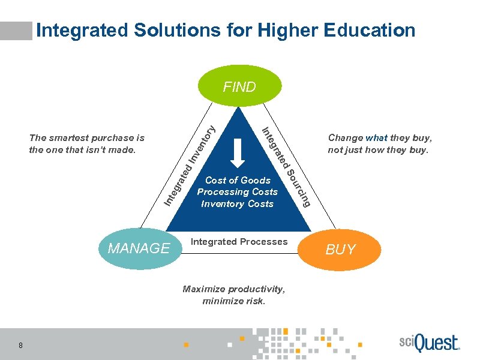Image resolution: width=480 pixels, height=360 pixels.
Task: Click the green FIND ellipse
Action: (239, 86)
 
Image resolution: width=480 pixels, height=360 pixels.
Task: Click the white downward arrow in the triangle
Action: (238, 153)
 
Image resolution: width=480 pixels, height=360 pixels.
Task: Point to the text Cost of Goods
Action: (238, 180)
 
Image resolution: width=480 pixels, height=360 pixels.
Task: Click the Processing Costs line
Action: (238, 192)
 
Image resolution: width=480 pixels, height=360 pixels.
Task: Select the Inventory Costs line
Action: (238, 204)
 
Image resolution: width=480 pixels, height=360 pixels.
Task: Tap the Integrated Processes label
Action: (239, 241)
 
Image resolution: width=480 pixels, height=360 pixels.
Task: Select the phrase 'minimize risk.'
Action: (234, 301)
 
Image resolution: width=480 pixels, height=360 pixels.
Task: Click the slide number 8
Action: (21, 345)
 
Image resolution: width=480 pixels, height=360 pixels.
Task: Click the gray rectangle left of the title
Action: (16, 31)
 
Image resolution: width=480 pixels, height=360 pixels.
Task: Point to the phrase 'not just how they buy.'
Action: (378, 150)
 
